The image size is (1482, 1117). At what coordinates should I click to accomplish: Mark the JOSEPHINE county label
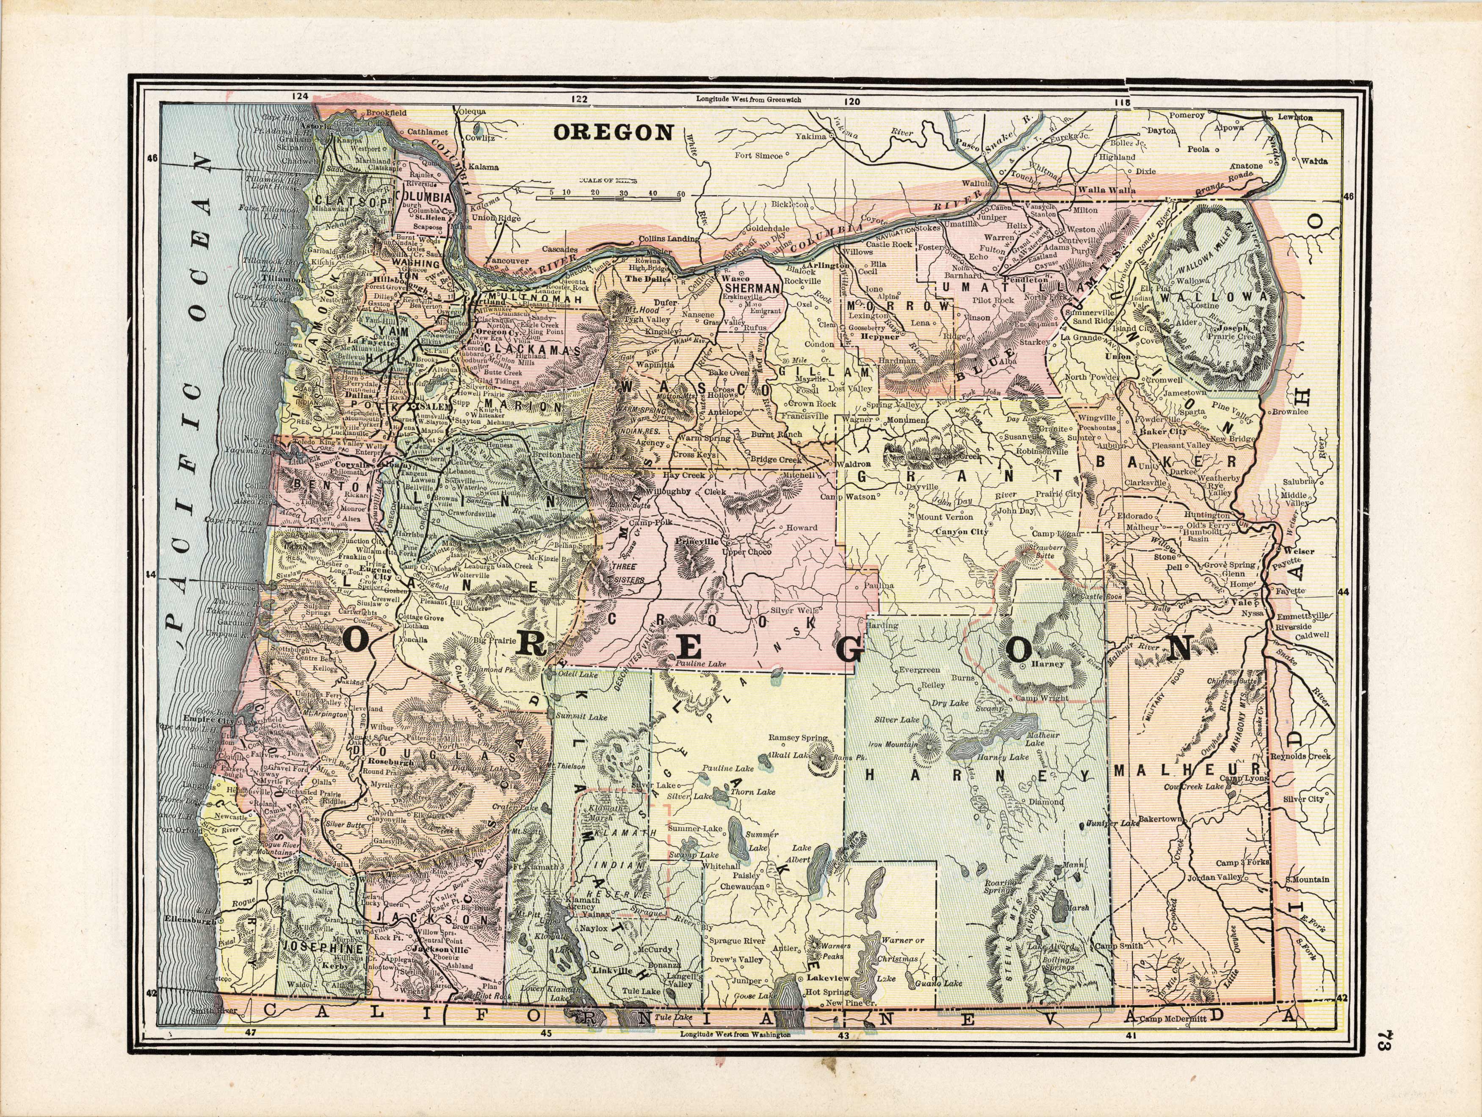point(323,948)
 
